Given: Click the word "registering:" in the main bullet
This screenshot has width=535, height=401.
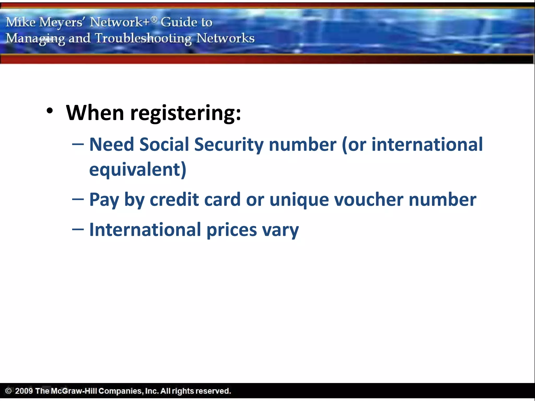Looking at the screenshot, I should pos(185,113).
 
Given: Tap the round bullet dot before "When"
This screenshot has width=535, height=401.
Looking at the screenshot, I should pos(50,111).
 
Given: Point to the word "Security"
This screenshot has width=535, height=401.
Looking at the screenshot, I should pos(229,145).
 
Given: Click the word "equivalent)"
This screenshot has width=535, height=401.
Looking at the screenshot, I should pos(138,170).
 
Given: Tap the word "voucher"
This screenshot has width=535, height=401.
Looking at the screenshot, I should pos(369,200).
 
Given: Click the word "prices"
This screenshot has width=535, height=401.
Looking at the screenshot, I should pos(232,230).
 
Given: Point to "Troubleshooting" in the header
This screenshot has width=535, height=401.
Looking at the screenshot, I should pos(143,38).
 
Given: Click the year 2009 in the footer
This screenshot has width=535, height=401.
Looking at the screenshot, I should pos(24,391).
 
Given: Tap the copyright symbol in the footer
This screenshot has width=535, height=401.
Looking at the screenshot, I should pos(8,391).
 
